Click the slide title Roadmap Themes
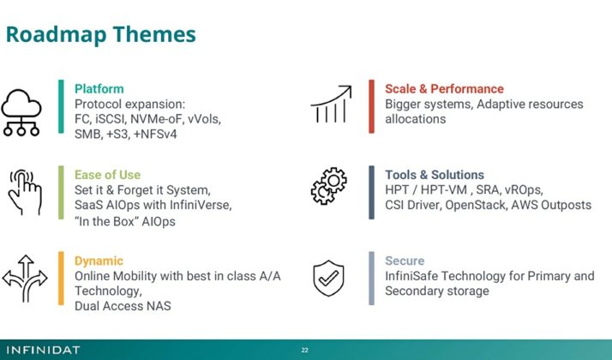click(x=101, y=34)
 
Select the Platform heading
click(x=99, y=88)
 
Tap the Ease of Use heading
click(x=107, y=174)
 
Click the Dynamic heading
click(x=99, y=261)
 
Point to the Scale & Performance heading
click(x=444, y=88)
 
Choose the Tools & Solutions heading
click(x=434, y=174)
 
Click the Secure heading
click(x=405, y=261)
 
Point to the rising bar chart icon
click(x=331, y=106)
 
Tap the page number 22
click(x=305, y=350)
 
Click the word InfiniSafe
click(x=417, y=276)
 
